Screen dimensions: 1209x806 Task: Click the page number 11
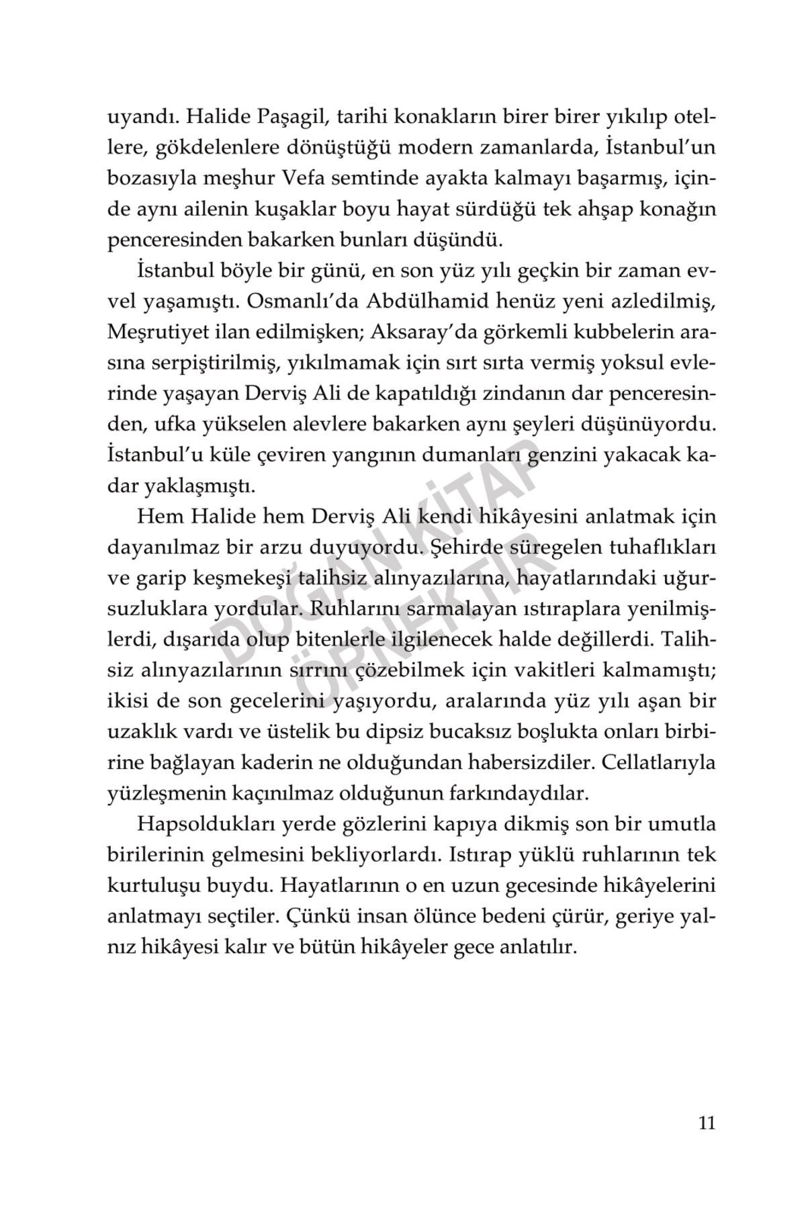tap(707, 1123)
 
